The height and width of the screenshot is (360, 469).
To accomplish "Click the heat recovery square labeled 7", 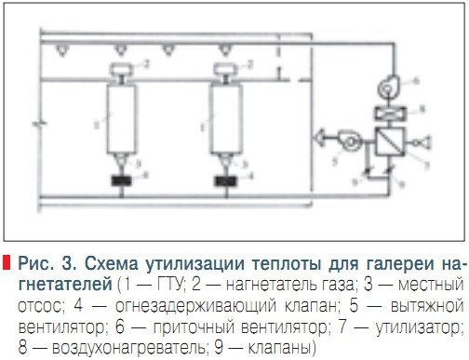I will (x=383, y=140).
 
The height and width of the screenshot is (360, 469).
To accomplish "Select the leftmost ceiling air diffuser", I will (x=61, y=47).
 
